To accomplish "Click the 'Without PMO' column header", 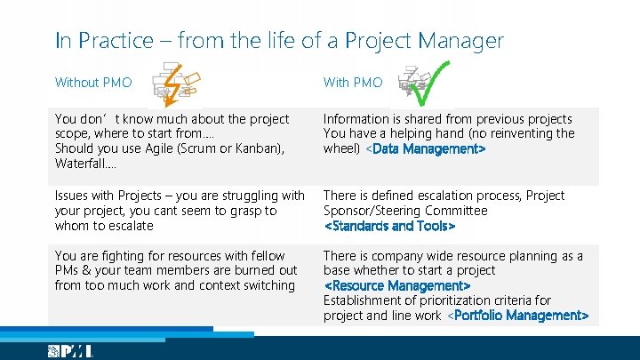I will click(x=93, y=83).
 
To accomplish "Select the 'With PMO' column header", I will click(x=353, y=83).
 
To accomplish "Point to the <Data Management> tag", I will click(x=426, y=149).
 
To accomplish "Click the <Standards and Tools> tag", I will click(x=389, y=227).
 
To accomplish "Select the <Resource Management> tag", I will click(x=396, y=286).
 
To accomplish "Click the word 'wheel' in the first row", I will click(x=340, y=149).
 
